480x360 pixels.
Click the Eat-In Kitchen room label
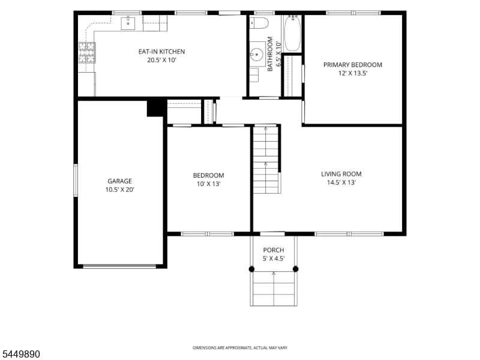[x=161, y=52]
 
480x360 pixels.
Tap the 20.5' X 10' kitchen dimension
[x=161, y=60]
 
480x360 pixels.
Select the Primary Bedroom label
[x=353, y=65]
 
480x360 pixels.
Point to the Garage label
[x=119, y=181]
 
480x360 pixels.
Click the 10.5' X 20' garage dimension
[x=119, y=190]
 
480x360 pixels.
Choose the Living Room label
[x=341, y=174]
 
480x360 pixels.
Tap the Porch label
[x=274, y=250]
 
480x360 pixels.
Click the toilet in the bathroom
[x=259, y=23]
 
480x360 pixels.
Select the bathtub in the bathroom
[x=292, y=33]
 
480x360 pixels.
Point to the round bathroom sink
[x=257, y=55]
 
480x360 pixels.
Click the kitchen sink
[x=128, y=23]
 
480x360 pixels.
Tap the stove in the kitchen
[x=87, y=53]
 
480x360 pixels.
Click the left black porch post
[x=251, y=269]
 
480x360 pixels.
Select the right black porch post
[x=295, y=269]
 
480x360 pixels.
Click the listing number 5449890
[x=20, y=354]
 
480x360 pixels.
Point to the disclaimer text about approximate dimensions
[x=239, y=348]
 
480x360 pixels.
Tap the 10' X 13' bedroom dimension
[x=208, y=184]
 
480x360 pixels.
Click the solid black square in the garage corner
[x=155, y=109]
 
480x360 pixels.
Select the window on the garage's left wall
[x=76, y=181]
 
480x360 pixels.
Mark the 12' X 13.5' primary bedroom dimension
[x=353, y=73]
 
